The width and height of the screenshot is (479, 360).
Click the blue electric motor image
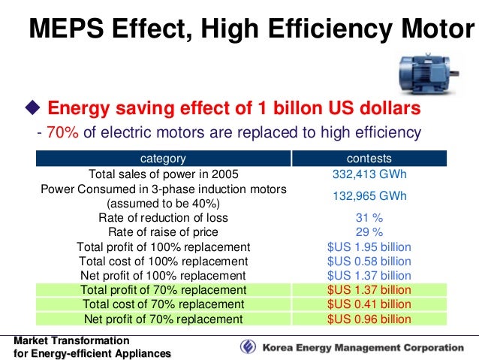click(x=429, y=74)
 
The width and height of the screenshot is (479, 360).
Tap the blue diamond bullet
click(x=33, y=107)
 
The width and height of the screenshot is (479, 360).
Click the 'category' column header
click(x=163, y=159)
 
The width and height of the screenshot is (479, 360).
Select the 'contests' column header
click(x=369, y=159)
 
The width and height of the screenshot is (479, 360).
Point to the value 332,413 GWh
click(x=369, y=174)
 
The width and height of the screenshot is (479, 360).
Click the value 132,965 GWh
click(x=369, y=195)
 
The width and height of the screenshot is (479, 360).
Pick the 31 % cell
click(x=369, y=218)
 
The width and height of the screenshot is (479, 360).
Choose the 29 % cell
click(x=369, y=232)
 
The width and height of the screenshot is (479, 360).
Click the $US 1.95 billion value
click(x=369, y=247)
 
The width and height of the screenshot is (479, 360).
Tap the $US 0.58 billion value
click(x=369, y=262)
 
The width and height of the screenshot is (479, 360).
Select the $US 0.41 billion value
click(x=369, y=304)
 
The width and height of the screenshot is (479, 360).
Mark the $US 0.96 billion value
click(x=369, y=319)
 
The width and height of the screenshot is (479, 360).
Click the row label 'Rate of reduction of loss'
click(x=163, y=218)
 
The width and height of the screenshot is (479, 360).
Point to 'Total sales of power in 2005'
click(x=164, y=174)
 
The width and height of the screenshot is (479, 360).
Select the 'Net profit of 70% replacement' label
click(x=163, y=319)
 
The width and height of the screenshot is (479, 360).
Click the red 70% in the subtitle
click(x=62, y=132)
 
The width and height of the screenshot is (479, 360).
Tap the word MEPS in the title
click(x=66, y=29)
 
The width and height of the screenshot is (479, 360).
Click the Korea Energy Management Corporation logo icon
click(x=248, y=347)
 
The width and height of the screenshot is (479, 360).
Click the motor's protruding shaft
click(x=454, y=73)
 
